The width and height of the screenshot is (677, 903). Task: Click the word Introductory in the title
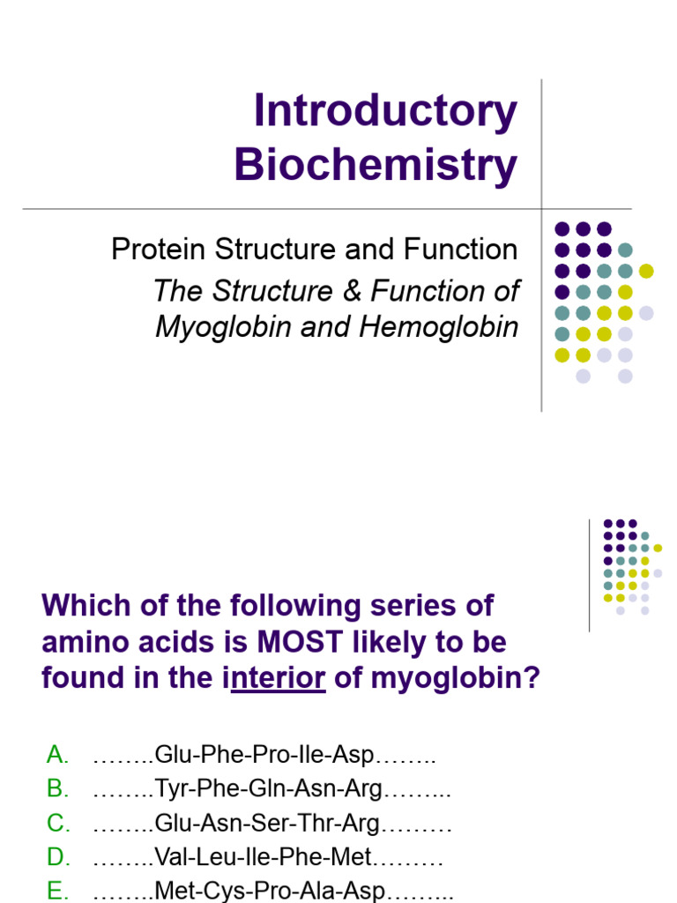(x=385, y=112)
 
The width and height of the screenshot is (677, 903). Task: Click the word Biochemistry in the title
(x=376, y=165)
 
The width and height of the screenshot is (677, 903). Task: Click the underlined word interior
(x=278, y=679)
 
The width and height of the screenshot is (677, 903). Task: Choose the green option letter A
(x=57, y=755)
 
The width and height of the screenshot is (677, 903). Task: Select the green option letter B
(x=57, y=789)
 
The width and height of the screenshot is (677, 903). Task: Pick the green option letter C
(x=58, y=824)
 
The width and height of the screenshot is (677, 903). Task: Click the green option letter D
(x=58, y=857)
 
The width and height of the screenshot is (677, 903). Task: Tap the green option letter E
(x=57, y=892)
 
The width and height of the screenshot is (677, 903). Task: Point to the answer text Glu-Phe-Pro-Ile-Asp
(x=264, y=755)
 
